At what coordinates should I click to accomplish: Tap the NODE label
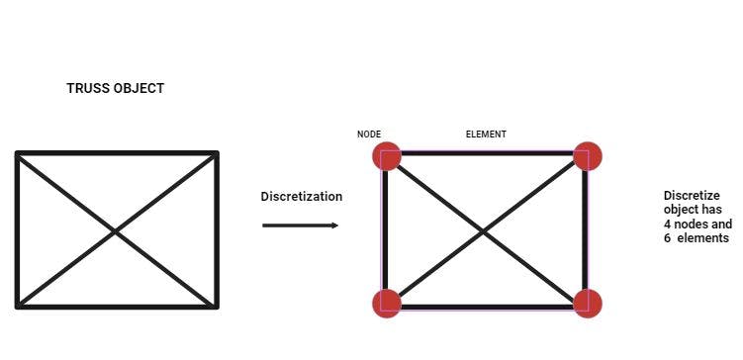pos(369,135)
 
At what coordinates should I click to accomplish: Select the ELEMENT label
pos(486,135)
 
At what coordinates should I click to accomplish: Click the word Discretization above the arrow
pos(302,197)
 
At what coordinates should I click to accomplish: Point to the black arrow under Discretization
pos(301,225)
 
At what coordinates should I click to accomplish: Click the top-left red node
pos(387,156)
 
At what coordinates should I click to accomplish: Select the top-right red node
pos(588,156)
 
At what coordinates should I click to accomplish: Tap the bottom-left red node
pos(387,303)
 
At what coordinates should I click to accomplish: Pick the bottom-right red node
pos(588,303)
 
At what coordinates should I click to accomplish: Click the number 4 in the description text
pos(668,225)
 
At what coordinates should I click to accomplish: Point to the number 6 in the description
pos(668,238)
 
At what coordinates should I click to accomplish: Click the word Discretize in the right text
pos(692,196)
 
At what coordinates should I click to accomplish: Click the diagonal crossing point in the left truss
pos(117,231)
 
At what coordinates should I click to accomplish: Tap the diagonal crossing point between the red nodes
pos(485,231)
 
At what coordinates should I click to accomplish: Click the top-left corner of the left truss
pos(18,154)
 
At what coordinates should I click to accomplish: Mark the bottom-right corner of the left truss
pos(216,306)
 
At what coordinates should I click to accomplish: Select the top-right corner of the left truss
pos(216,154)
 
